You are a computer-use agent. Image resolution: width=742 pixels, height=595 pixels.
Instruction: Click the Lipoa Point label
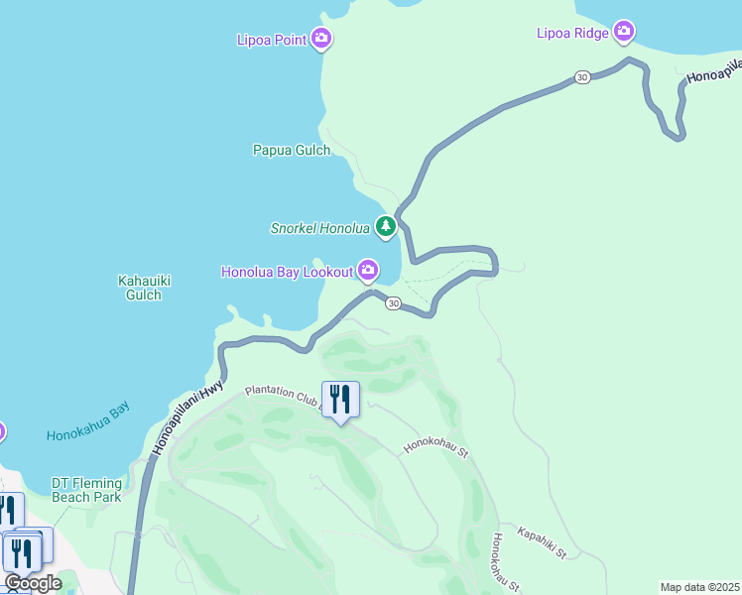tap(271, 41)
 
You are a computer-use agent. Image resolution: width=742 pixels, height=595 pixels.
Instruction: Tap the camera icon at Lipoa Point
tap(320, 40)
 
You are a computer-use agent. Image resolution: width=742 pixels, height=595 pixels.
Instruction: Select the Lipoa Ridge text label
tap(573, 33)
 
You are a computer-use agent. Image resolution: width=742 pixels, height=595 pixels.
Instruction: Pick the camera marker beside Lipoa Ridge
tap(624, 32)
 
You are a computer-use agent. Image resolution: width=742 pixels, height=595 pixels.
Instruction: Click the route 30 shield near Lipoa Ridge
tap(582, 77)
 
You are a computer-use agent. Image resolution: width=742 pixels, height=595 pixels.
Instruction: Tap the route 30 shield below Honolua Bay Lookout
tap(393, 303)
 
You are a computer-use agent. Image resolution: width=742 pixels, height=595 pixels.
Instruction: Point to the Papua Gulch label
tap(291, 151)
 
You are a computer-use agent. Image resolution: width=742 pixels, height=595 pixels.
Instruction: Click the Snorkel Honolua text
tap(319, 228)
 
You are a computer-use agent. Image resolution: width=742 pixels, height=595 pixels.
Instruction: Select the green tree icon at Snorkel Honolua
tap(386, 228)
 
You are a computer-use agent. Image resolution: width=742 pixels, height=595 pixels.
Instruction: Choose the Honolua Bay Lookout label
tap(287, 271)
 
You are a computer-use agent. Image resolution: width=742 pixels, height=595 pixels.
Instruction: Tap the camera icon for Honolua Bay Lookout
tap(368, 270)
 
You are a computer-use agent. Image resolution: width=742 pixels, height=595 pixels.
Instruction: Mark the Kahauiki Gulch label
tap(144, 288)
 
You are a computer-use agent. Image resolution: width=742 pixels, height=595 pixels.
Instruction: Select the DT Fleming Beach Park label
tap(86, 490)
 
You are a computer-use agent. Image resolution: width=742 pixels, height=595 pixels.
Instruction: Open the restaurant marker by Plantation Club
tap(340, 399)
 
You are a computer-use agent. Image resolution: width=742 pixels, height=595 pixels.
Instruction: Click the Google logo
tap(33, 583)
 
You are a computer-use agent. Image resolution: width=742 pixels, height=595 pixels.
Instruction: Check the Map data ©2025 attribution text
tap(699, 587)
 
